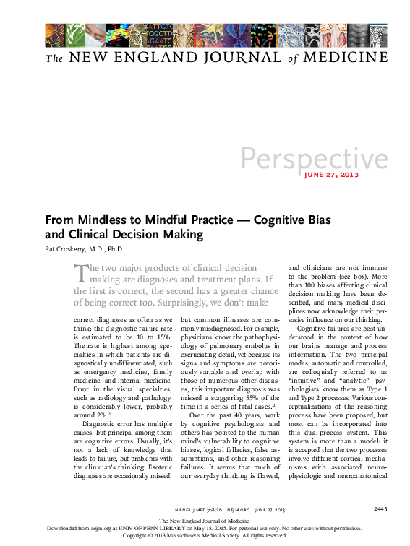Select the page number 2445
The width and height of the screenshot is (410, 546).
pos(381,509)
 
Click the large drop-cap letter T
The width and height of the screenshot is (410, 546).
pos(81,272)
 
